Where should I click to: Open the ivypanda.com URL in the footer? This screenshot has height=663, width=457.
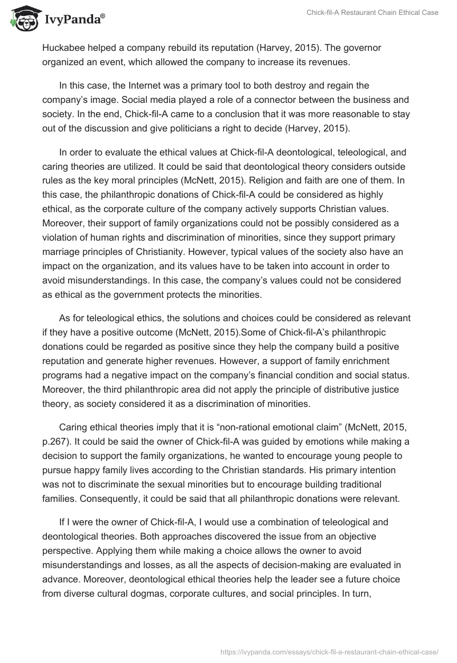330,650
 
